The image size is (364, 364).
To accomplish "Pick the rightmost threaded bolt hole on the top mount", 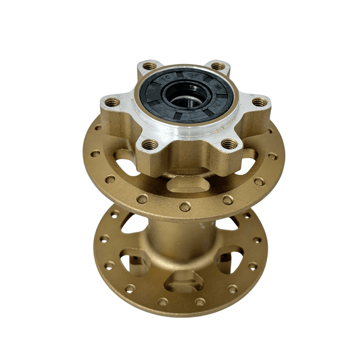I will point(259,102).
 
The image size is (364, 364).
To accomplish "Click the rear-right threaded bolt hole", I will point(218,66).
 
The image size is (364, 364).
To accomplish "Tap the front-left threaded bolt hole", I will point(150,144).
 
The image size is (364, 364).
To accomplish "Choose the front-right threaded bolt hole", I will point(228,144).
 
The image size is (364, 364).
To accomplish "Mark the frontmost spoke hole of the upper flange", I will point(185,207).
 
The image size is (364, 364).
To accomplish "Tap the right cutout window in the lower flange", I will point(229,258).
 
